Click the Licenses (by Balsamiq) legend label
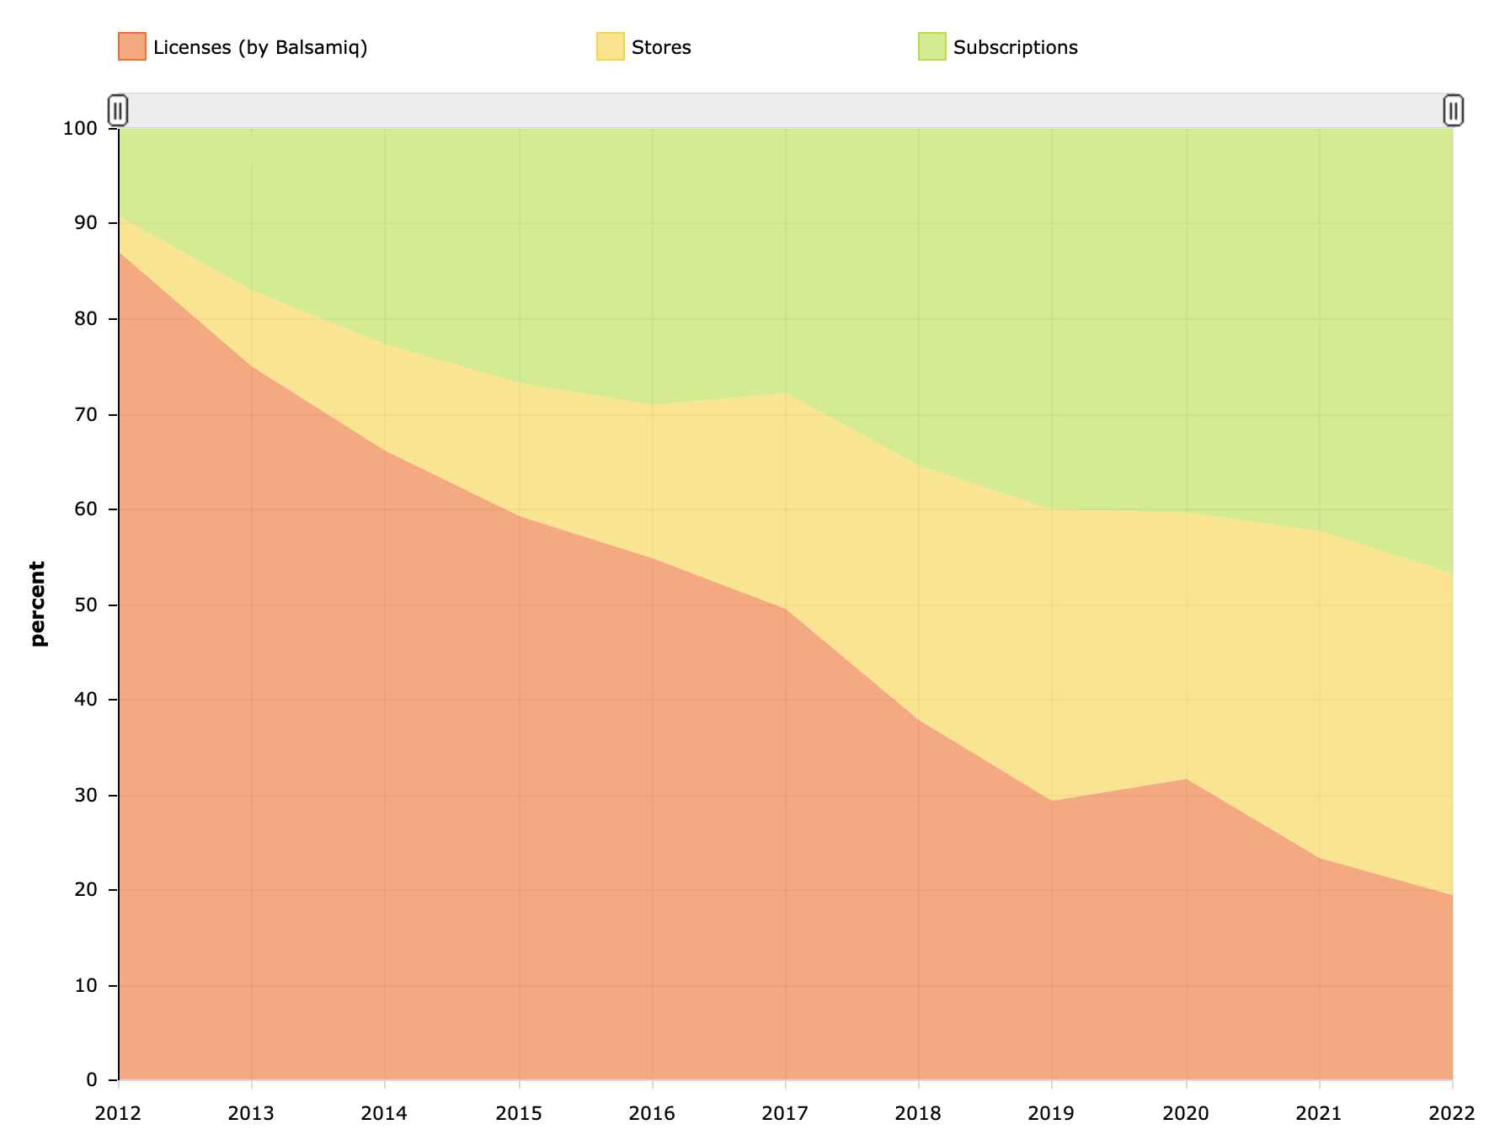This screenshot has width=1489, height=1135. click(x=260, y=47)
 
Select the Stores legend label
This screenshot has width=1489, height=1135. click(x=661, y=47)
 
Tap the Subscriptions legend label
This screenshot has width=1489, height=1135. click(x=1015, y=47)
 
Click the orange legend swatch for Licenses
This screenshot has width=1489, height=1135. click(x=132, y=46)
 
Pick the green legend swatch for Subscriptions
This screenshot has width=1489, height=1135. click(x=931, y=46)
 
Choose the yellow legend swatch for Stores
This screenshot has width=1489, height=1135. click(x=610, y=46)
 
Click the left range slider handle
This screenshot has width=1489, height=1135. click(x=118, y=110)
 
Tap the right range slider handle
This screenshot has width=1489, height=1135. click(x=1453, y=110)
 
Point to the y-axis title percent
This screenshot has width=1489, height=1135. click(x=37, y=604)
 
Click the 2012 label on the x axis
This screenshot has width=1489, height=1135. click(x=119, y=1114)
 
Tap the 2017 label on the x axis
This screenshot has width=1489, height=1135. click(x=785, y=1114)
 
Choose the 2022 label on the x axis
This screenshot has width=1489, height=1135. click(x=1452, y=1114)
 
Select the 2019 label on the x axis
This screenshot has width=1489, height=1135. click(x=1052, y=1114)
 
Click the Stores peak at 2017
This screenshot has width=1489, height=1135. click(x=785, y=393)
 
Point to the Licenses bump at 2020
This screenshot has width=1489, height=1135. click(x=1186, y=780)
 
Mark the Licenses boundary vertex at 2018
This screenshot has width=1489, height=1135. click(x=918, y=721)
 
